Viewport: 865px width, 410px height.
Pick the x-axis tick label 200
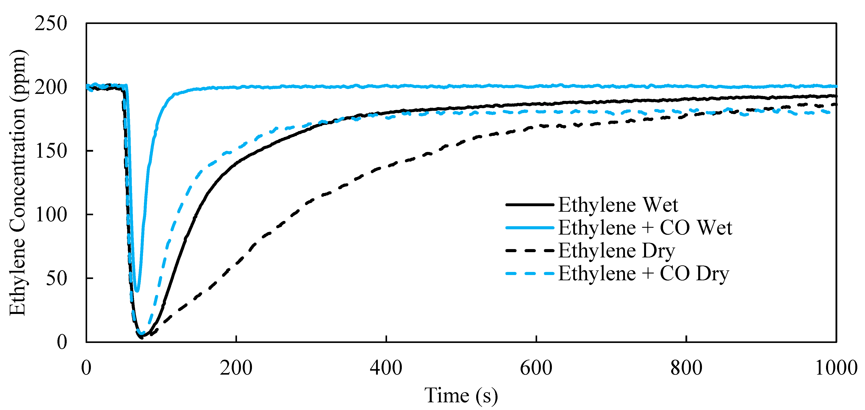click(x=236, y=368)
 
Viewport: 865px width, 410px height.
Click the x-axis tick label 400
click(x=386, y=368)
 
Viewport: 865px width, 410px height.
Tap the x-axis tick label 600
click(x=536, y=368)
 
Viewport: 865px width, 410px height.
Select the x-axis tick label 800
click(x=686, y=368)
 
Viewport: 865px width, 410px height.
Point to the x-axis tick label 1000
click(x=836, y=368)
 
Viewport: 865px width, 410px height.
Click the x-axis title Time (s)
click(x=461, y=396)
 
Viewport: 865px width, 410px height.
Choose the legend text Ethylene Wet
click(x=618, y=205)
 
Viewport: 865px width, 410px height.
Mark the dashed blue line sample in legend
click(x=530, y=273)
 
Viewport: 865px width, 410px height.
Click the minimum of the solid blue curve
click(x=137, y=291)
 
